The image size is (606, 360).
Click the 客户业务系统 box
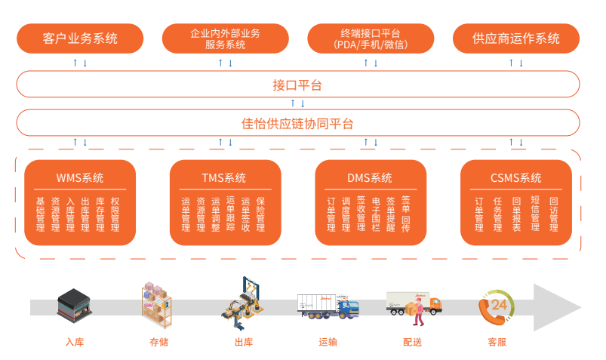click(x=80, y=38)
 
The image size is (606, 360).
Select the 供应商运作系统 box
click(x=515, y=38)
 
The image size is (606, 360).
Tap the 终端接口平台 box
click(x=370, y=38)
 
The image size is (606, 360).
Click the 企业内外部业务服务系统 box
click(x=225, y=38)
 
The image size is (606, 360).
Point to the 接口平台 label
click(x=297, y=85)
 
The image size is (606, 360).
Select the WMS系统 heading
click(x=80, y=178)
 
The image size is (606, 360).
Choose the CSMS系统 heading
click(x=515, y=178)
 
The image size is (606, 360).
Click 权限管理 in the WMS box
click(x=115, y=214)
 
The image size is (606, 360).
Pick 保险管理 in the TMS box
click(x=260, y=214)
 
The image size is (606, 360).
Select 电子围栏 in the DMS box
click(x=376, y=214)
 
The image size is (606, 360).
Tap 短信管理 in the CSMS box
click(x=534, y=214)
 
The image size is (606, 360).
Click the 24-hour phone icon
click(x=497, y=307)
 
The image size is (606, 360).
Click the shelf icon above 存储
click(x=157, y=303)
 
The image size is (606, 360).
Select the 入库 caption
click(x=75, y=342)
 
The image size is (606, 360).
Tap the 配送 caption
click(x=412, y=342)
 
